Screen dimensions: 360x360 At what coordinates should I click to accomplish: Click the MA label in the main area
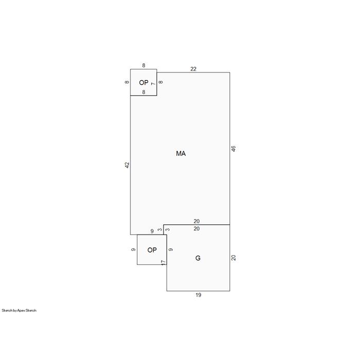point(181,153)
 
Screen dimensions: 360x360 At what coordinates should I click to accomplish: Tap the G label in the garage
point(197,258)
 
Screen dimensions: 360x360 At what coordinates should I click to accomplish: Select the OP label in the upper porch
point(143,82)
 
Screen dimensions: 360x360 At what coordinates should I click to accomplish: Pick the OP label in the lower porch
point(152,250)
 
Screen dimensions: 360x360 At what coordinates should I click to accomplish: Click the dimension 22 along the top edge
point(193,69)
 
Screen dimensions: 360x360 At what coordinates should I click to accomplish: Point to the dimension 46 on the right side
point(233,149)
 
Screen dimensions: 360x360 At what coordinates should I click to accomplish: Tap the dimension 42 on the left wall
point(127,165)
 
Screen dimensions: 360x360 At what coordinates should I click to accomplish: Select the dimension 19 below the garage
point(199,295)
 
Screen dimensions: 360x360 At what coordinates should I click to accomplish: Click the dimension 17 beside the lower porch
point(163,263)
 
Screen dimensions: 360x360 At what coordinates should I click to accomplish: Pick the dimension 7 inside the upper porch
point(153,84)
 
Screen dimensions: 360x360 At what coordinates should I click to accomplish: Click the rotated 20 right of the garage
point(233,258)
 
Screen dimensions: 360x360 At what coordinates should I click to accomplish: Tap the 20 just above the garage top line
point(196,221)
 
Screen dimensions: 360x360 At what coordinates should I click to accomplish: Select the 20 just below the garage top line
point(196,228)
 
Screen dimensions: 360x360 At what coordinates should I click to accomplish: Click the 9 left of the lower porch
point(133,249)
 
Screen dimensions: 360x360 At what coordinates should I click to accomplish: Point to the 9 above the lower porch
point(152,231)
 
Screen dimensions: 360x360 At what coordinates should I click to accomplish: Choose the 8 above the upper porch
point(143,65)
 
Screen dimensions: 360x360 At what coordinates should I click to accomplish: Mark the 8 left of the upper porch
point(127,82)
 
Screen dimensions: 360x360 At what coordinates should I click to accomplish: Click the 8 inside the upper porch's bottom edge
point(143,92)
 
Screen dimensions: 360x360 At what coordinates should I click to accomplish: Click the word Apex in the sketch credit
point(21,311)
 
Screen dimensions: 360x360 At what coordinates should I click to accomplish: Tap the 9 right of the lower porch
point(171,249)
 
